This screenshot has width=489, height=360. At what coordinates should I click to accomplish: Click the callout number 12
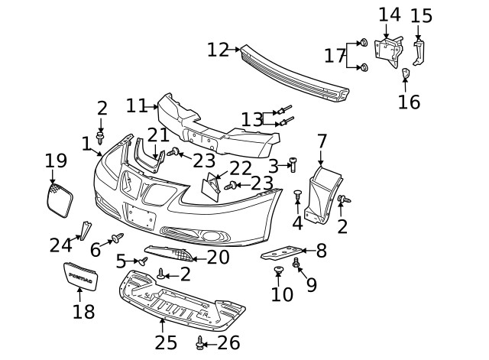click(x=218, y=50)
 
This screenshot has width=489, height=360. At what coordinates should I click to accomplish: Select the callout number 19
click(x=56, y=161)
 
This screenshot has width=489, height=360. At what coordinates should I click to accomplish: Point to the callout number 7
click(x=322, y=141)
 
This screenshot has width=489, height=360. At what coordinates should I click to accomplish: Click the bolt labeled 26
click(x=200, y=343)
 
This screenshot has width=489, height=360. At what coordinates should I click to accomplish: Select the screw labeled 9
click(x=296, y=264)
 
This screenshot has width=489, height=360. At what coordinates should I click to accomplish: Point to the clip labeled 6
click(x=117, y=238)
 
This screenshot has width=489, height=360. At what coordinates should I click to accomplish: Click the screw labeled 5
click(x=142, y=261)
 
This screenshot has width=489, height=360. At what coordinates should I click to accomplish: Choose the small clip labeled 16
click(x=406, y=73)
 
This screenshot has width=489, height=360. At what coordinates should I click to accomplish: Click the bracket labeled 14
click(x=389, y=49)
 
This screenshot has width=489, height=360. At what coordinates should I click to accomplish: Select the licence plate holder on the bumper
click(x=141, y=216)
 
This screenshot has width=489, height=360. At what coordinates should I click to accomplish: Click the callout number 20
click(x=218, y=258)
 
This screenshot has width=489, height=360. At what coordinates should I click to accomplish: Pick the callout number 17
click(x=335, y=55)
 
